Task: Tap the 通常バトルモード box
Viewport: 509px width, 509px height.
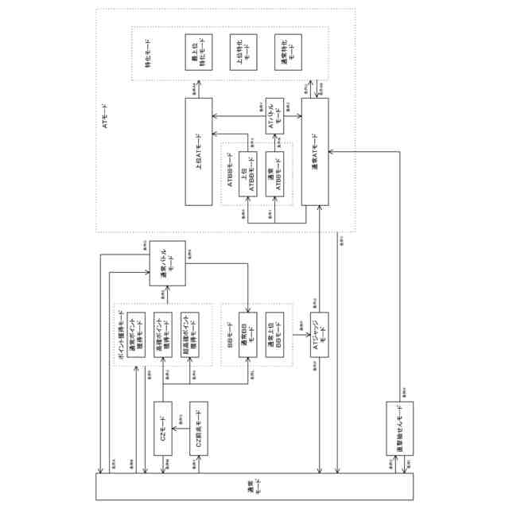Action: (167, 264)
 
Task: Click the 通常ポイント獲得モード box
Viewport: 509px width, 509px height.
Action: (136, 335)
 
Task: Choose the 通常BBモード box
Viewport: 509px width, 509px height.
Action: (248, 335)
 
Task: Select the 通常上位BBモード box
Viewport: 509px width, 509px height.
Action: (275, 335)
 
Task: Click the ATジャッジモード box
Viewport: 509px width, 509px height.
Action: (319, 335)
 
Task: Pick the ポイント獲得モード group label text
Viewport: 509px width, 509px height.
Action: (120, 334)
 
